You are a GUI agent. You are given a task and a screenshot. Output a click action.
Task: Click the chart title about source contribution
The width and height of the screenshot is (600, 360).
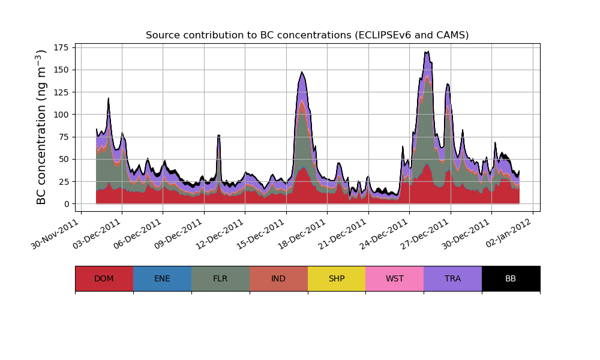point(307,35)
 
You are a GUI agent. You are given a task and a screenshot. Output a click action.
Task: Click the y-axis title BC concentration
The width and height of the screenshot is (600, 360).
point(41,127)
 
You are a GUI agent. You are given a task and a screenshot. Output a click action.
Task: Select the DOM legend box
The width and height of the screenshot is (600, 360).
point(104,278)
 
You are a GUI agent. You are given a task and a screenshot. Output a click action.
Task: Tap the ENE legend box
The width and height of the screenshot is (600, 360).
point(162,278)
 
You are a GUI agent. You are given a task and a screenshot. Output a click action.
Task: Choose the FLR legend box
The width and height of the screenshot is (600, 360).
point(220,278)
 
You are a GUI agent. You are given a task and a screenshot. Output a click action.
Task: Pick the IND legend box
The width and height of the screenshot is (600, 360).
point(278,278)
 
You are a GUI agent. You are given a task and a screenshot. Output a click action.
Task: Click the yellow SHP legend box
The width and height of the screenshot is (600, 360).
point(337,278)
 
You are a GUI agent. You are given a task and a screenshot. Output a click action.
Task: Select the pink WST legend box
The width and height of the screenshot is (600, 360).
point(395,278)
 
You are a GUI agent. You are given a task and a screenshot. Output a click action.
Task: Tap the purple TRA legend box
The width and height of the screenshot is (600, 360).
point(453,278)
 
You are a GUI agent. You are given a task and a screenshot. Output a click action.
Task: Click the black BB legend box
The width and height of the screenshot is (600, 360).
point(511,278)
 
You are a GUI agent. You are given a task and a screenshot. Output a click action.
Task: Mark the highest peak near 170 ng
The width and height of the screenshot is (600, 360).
point(427,52)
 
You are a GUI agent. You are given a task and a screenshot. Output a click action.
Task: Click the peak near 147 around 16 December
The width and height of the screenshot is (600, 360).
point(302,72)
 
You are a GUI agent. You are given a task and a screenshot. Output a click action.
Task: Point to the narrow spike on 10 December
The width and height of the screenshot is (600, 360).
point(219,136)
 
